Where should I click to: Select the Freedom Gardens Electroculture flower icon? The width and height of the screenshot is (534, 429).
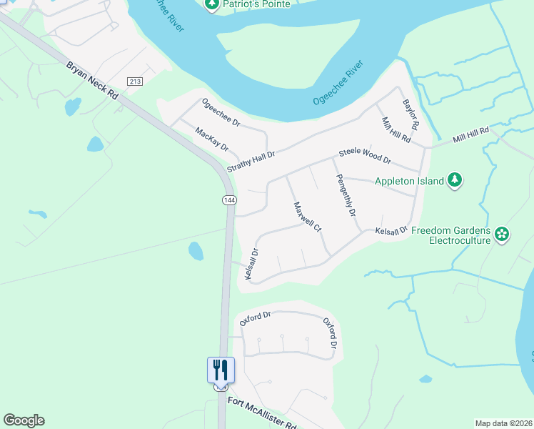point(502,233)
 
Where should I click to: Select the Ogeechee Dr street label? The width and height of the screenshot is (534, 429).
point(221,113)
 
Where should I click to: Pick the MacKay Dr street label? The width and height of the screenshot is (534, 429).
point(211,139)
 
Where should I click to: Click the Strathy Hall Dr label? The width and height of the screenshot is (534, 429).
point(251,159)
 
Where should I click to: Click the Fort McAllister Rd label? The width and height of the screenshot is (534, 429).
point(262,413)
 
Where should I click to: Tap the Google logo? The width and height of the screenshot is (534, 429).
point(24,420)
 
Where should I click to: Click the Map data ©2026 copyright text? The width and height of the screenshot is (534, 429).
point(503,423)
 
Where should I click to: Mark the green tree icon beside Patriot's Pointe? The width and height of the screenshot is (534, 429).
point(211,4)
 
